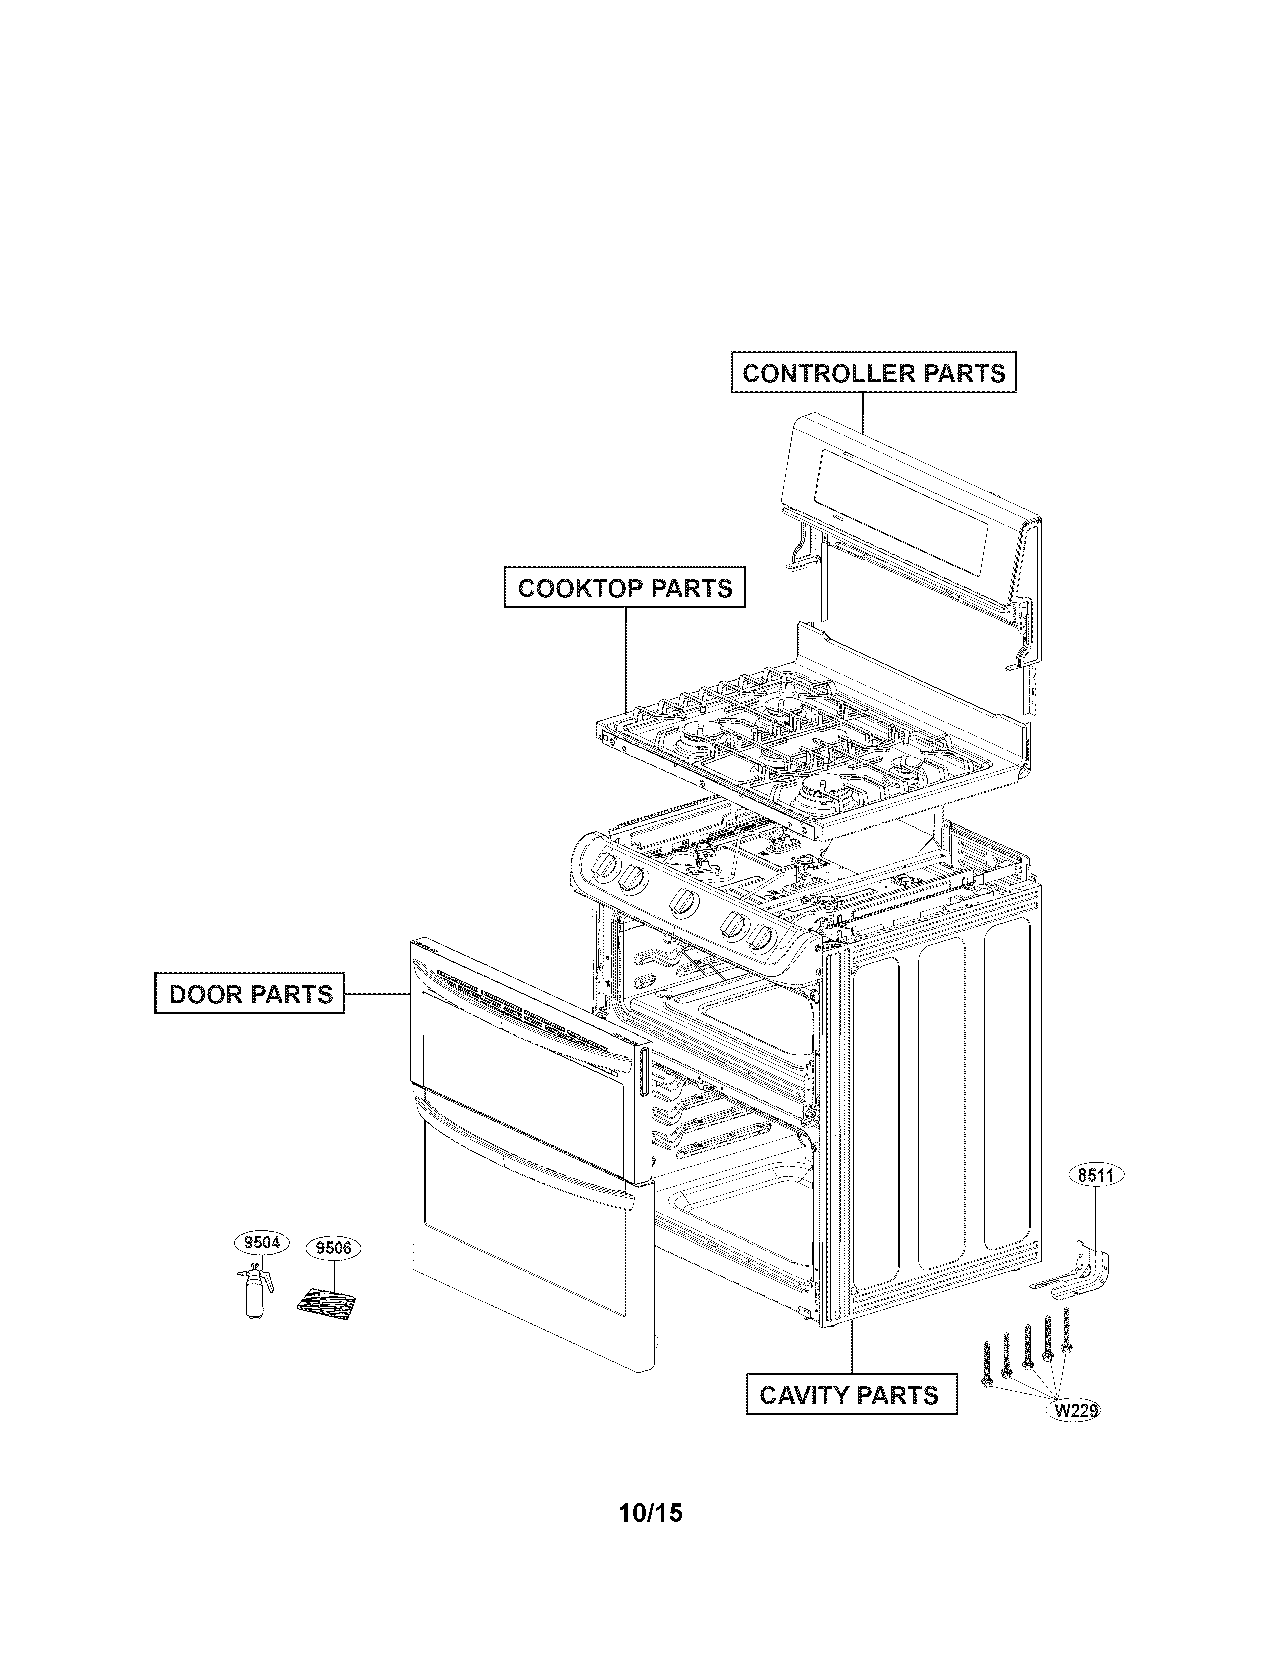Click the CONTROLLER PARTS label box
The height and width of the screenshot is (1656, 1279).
click(873, 373)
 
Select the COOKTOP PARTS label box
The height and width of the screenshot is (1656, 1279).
click(624, 587)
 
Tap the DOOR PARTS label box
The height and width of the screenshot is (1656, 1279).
click(250, 993)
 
